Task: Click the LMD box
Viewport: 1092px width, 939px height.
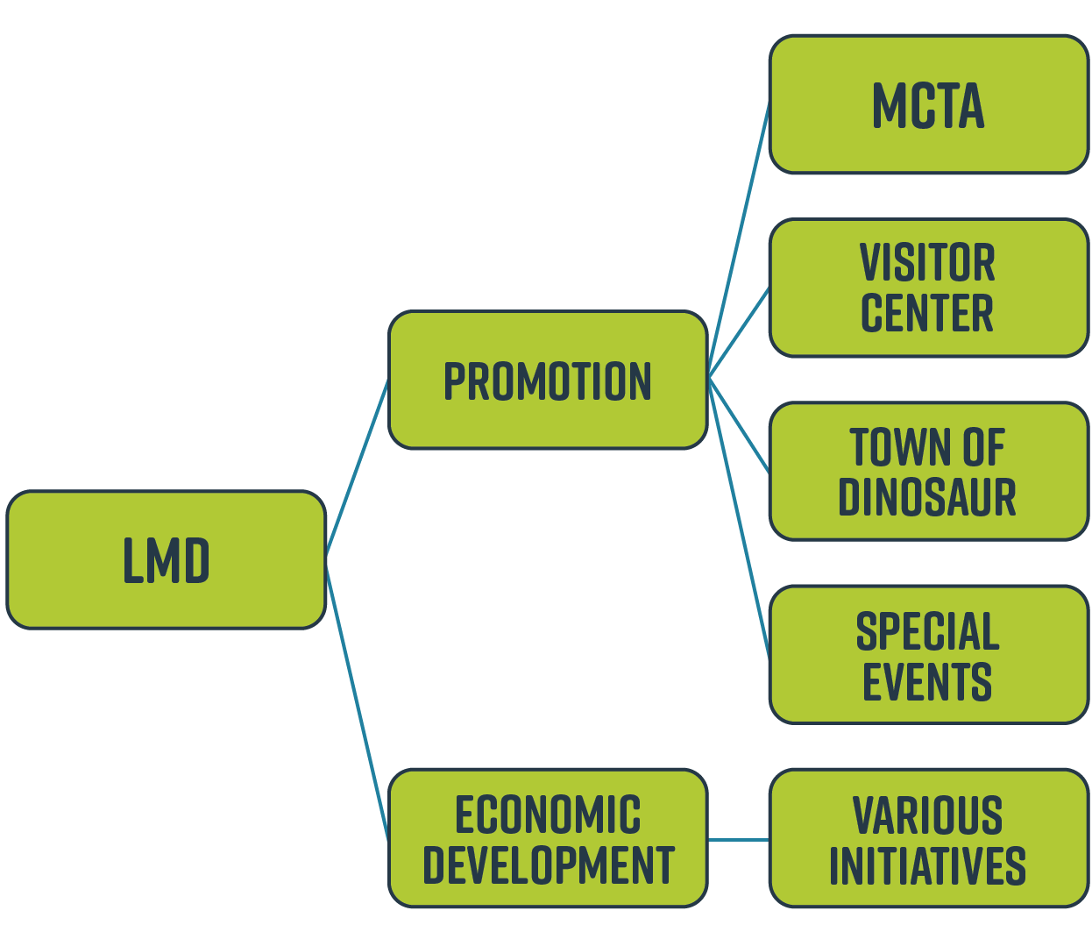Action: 166,560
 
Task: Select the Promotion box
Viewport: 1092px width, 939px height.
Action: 548,381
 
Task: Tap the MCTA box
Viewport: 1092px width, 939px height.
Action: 928,105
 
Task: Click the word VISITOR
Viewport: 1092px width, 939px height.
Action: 927,262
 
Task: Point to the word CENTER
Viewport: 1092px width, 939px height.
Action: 927,313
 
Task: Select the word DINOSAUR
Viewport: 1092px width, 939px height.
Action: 927,497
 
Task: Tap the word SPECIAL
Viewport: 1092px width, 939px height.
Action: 927,631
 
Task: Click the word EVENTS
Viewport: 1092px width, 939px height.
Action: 927,681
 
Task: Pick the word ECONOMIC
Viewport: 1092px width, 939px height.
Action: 548,815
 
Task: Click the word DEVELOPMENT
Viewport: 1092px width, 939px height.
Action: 548,865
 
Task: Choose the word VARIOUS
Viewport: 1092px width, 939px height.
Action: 927,815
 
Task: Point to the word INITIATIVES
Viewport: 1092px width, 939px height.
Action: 927,865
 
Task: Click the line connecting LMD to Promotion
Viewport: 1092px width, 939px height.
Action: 357,467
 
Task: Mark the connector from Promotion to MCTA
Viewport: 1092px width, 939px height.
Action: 739,241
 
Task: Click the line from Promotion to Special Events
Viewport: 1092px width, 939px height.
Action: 739,517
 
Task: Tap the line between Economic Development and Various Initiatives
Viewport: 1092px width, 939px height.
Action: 738,839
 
